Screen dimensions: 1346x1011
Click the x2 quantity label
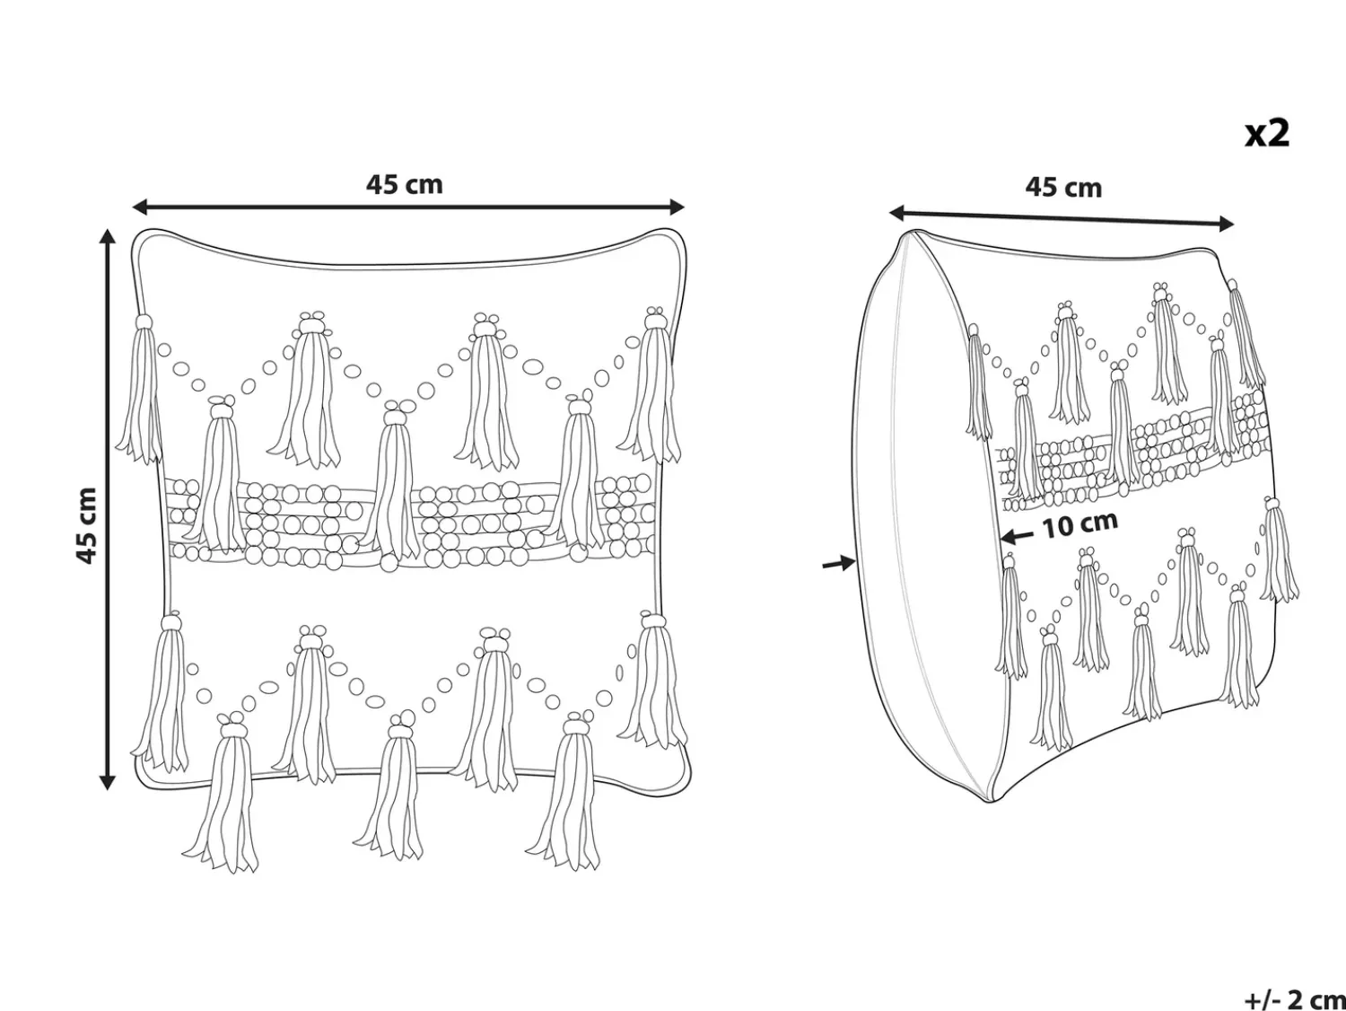1267,134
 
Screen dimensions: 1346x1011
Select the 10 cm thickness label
1079,524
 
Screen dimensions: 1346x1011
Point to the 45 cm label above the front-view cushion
404,184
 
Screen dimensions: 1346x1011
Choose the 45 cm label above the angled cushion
1063,187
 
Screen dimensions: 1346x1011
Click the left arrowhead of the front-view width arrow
140,207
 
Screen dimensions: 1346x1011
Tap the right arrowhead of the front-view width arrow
677,207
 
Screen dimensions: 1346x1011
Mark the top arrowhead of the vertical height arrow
108,237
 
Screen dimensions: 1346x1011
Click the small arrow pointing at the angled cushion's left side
838,562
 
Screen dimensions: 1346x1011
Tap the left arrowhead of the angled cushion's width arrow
897,213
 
